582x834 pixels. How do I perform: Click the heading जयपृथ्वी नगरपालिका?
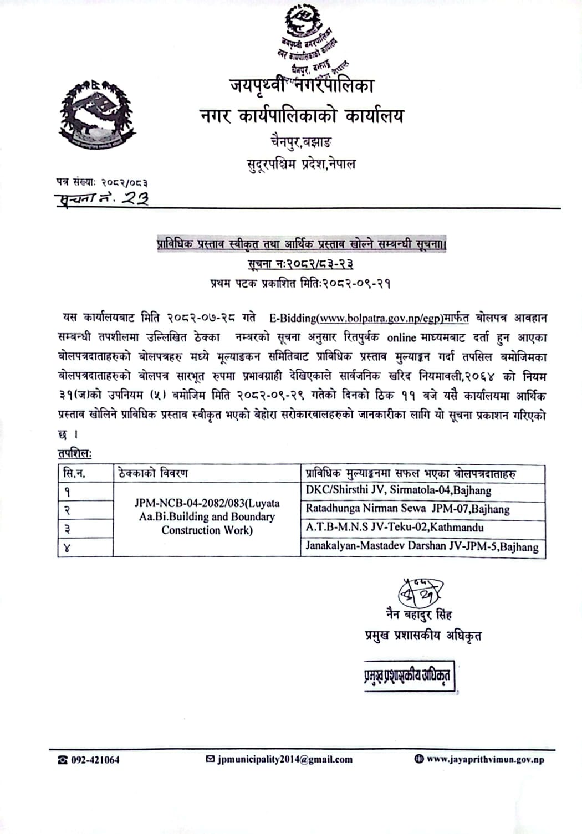tap(302, 86)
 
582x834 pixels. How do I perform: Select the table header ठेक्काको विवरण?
tap(153, 473)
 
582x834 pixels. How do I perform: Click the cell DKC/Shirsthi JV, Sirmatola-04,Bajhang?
tap(398, 490)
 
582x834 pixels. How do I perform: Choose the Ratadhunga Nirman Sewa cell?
tap(407, 509)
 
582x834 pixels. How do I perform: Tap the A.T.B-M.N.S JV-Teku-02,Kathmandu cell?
tap(395, 527)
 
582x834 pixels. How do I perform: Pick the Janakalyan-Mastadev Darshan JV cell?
tap(422, 546)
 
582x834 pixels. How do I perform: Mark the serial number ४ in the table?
tap(67, 549)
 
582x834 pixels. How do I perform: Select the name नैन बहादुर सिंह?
tap(420, 615)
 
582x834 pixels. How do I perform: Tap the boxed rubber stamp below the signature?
tap(408, 676)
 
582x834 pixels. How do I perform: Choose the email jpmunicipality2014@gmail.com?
tap(285, 759)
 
